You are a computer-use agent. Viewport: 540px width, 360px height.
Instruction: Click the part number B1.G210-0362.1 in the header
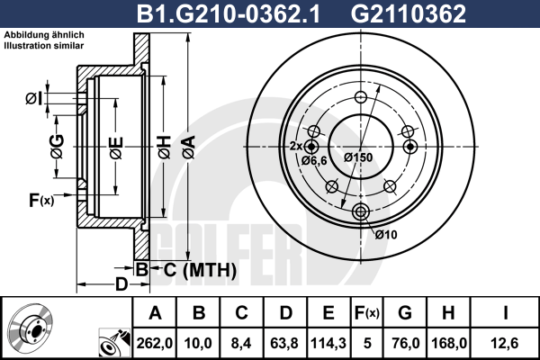[x=229, y=14]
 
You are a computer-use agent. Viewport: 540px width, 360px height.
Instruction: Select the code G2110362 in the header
[x=408, y=14]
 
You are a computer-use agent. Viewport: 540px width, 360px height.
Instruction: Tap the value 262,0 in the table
[x=155, y=343]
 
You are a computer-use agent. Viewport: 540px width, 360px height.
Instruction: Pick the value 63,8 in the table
[x=284, y=343]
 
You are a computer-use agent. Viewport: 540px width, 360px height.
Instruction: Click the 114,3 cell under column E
[x=328, y=343]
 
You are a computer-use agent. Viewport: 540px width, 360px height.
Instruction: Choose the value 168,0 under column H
[x=449, y=343]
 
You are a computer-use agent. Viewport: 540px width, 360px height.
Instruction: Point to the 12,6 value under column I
[x=505, y=343]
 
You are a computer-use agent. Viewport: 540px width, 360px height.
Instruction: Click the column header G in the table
[x=405, y=313]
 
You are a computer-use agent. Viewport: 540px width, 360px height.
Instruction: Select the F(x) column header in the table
[x=367, y=313]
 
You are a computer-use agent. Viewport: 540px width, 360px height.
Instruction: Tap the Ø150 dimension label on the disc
[x=358, y=157]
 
